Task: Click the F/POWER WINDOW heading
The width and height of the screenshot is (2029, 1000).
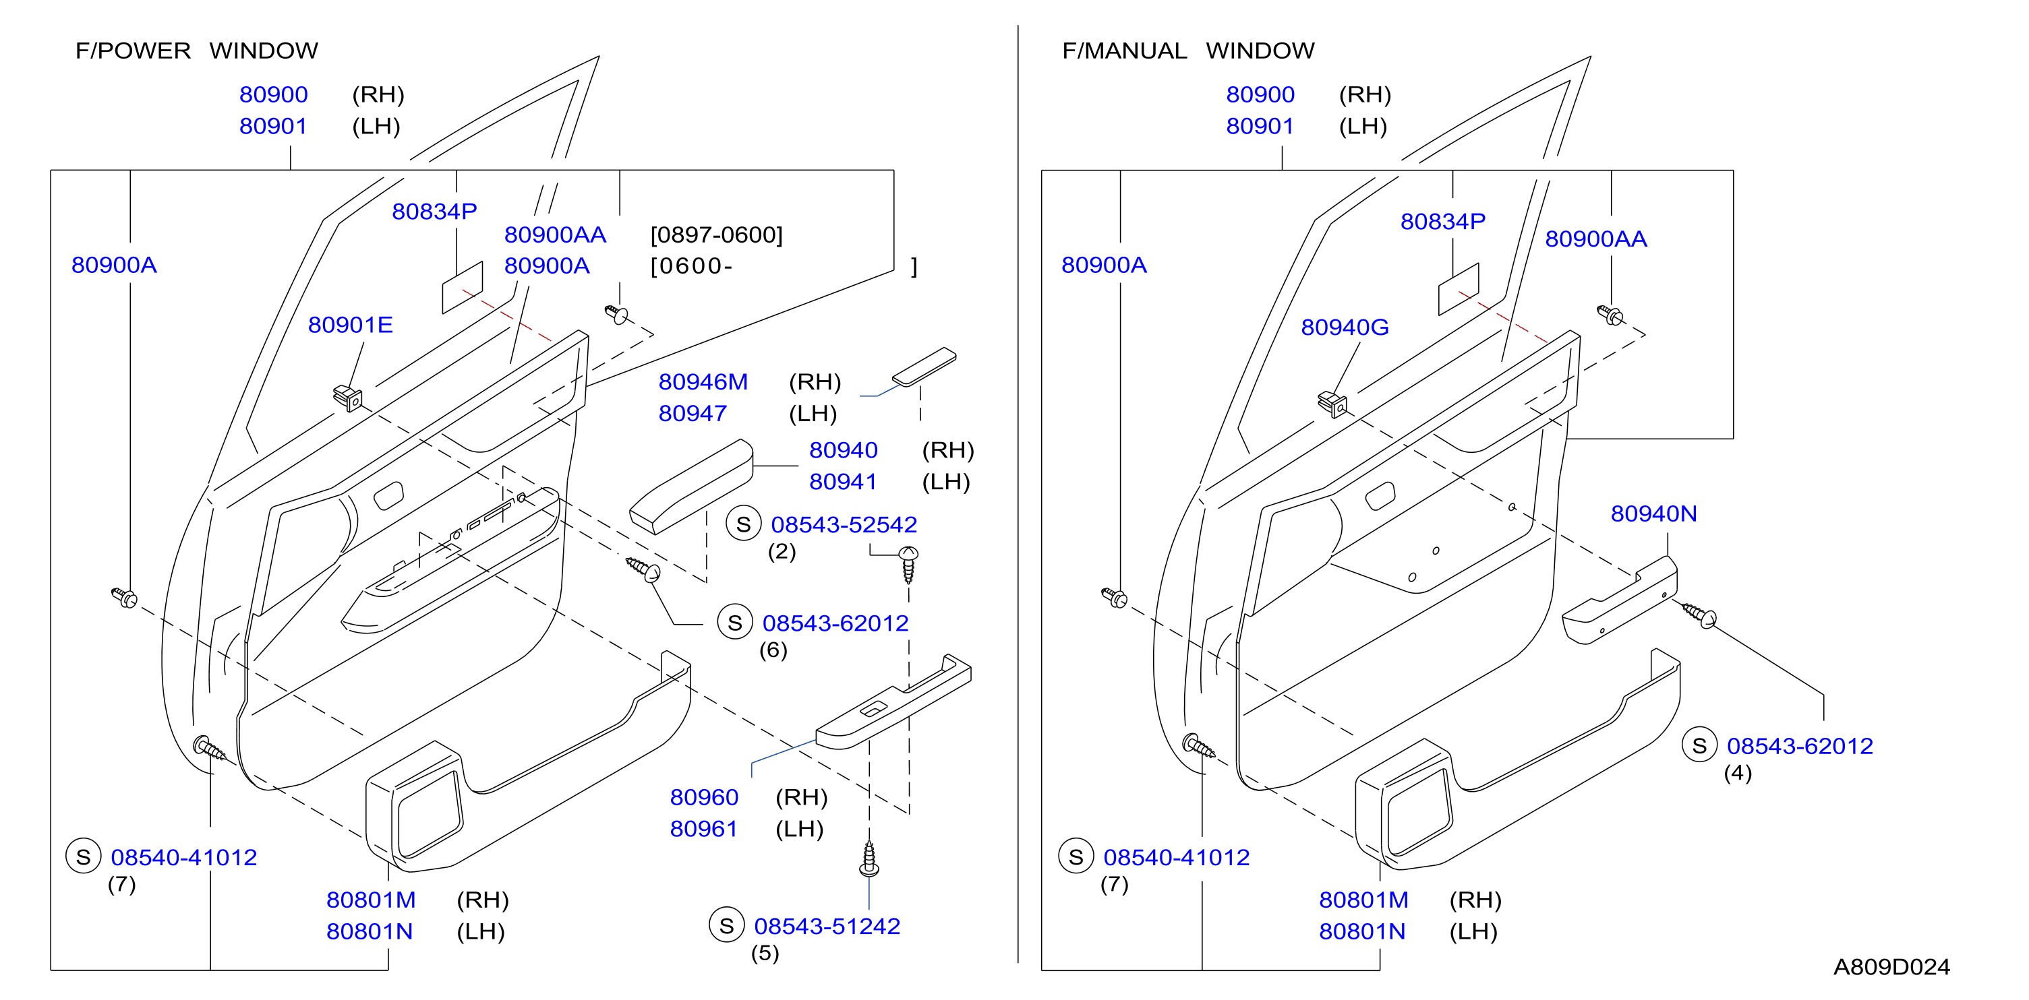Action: point(197,51)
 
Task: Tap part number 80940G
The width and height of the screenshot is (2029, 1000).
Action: point(1345,327)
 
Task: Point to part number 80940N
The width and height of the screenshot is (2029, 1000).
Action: point(1653,513)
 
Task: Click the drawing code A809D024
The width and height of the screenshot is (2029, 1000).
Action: point(1891,966)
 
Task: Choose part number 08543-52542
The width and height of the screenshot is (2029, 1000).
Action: point(844,524)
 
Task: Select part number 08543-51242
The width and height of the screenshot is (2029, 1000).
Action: point(827,926)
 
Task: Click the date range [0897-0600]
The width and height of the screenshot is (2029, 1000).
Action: point(716,235)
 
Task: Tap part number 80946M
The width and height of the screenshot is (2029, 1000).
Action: point(703,382)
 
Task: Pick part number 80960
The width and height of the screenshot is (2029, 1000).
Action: point(703,797)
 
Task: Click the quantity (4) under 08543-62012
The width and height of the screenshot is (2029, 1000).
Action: point(1738,772)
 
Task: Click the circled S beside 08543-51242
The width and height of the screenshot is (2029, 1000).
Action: point(726,925)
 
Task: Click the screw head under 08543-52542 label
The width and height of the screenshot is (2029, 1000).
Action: point(908,553)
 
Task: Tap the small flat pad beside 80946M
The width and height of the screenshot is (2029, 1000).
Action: point(924,367)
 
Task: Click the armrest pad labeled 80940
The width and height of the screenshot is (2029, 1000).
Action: point(690,486)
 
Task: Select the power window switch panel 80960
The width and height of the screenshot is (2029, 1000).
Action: point(893,701)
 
